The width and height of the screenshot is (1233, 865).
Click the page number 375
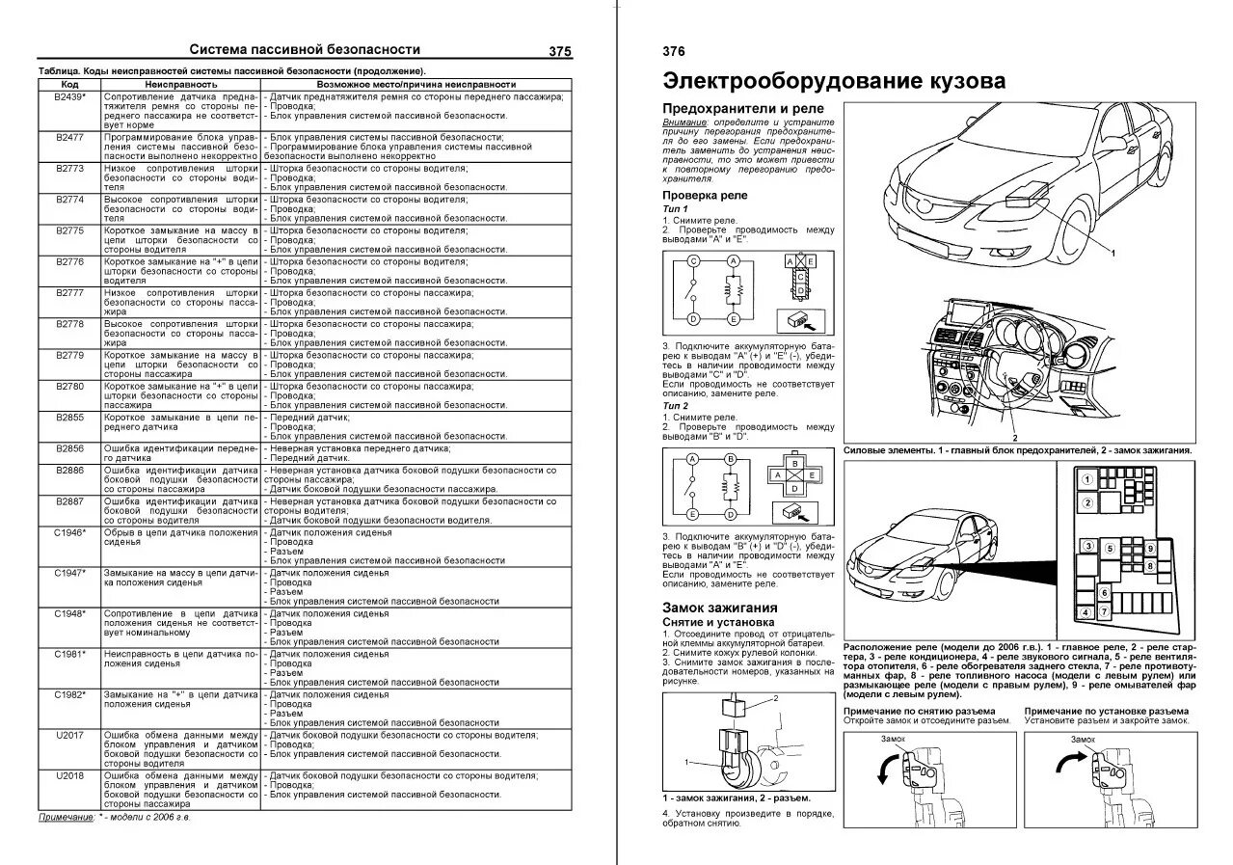click(559, 52)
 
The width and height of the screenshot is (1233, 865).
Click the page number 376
click(674, 52)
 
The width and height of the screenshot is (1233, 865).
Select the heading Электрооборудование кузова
click(834, 81)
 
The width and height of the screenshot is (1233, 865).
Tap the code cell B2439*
click(69, 98)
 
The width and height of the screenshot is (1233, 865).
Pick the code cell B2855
click(69, 419)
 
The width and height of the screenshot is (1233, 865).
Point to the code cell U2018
click(69, 774)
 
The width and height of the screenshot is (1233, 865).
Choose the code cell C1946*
click(69, 532)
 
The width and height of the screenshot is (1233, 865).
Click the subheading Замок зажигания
click(719, 608)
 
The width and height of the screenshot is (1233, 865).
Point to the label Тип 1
click(676, 208)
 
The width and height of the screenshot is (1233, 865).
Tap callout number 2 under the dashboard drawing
click(1014, 438)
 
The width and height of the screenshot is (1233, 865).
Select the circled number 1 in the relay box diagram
click(1086, 479)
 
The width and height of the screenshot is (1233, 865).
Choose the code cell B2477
click(69, 139)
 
